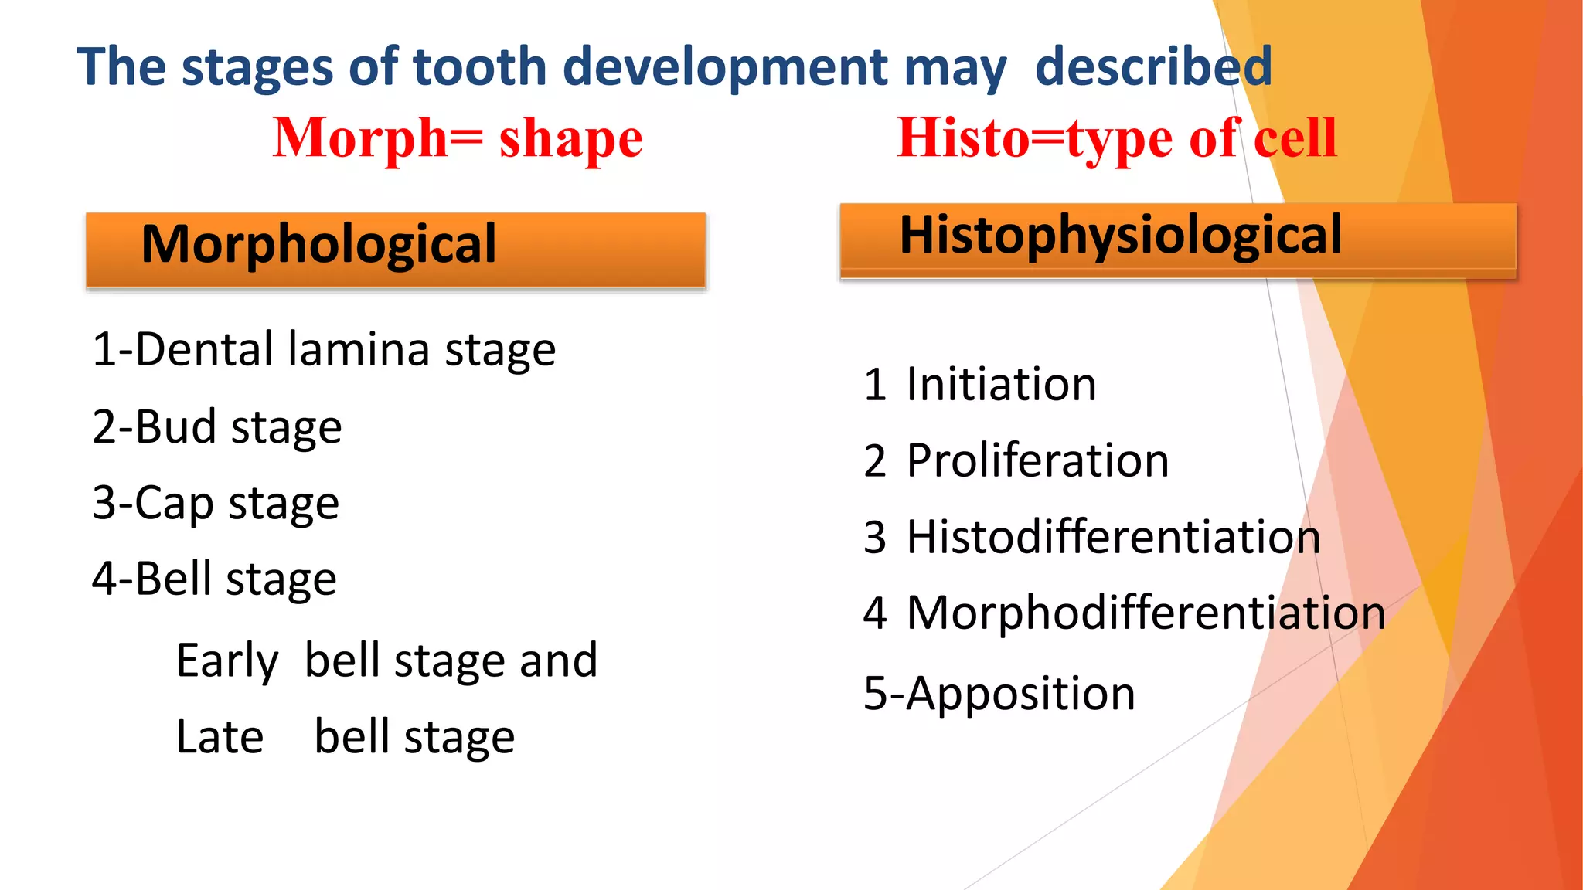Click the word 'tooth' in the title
pyautogui.click(x=480, y=66)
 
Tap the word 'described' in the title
pyautogui.click(x=1152, y=66)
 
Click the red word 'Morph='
pyautogui.click(x=377, y=138)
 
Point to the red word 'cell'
pyautogui.click(x=1295, y=138)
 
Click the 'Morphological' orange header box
pyautogui.click(x=396, y=250)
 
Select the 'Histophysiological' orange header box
pyautogui.click(x=1177, y=239)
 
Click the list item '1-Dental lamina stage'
pyautogui.click(x=323, y=350)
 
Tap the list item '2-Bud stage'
pyautogui.click(x=216, y=427)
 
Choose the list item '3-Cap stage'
pyautogui.click(x=215, y=504)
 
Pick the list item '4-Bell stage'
pyautogui.click(x=214, y=579)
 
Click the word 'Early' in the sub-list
pyautogui.click(x=226, y=661)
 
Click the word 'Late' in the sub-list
pyautogui.click(x=220, y=737)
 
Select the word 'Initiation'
pyautogui.click(x=1001, y=385)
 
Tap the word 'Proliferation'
pyautogui.click(x=1037, y=461)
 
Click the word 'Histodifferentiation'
pyautogui.click(x=1113, y=537)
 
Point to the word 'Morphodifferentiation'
pyautogui.click(x=1146, y=613)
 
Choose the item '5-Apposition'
pyautogui.click(x=999, y=694)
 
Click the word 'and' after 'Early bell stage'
pyautogui.click(x=558, y=661)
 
